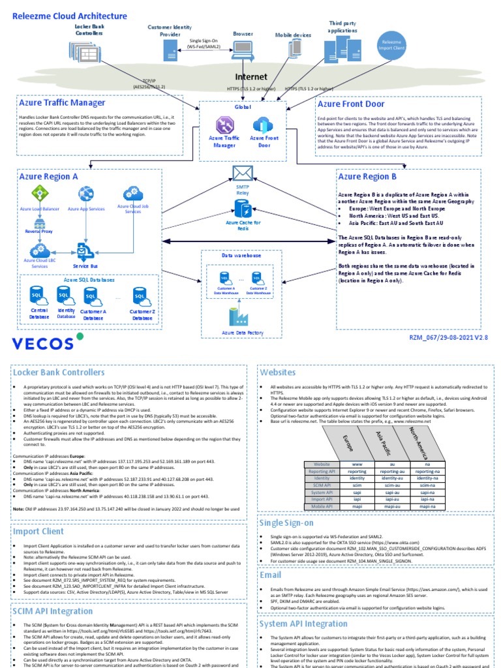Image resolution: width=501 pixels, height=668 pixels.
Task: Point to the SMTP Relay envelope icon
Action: click(242, 174)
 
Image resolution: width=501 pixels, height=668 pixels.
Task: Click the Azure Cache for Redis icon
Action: click(243, 209)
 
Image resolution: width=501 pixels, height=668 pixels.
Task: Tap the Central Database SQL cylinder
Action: click(38, 297)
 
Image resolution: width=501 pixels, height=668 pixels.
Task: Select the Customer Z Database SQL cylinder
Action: click(139, 297)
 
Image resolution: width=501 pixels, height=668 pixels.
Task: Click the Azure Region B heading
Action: click(367, 176)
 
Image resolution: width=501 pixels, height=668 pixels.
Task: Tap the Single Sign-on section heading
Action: click(286, 523)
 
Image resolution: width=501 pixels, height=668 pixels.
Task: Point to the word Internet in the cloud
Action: click(251, 76)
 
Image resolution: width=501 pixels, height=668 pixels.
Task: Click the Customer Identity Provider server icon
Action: click(169, 47)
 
